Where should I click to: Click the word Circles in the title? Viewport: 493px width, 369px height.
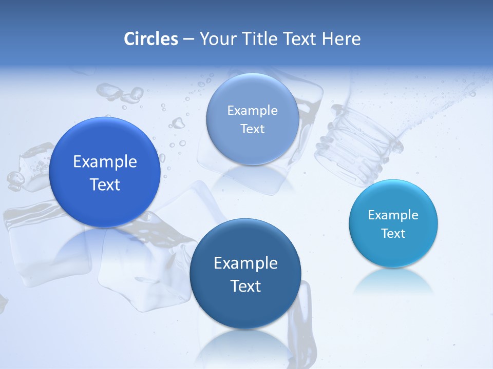(151, 39)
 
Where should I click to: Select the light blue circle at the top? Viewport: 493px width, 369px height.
(252, 149)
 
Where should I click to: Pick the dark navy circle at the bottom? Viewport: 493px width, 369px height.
(245, 307)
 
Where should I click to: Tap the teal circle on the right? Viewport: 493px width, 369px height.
(393, 251)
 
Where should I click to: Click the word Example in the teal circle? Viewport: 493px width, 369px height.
(393, 215)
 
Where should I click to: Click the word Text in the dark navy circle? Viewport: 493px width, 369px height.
(245, 286)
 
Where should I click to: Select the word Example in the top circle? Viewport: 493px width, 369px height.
(252, 110)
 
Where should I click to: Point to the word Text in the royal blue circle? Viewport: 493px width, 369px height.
(105, 184)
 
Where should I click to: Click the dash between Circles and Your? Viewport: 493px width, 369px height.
(188, 39)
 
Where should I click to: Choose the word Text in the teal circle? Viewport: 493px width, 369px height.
(393, 233)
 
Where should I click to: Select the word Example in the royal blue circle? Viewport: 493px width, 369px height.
(105, 162)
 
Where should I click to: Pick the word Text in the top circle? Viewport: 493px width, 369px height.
(252, 129)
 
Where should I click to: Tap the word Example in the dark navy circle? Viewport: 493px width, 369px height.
(245, 263)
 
